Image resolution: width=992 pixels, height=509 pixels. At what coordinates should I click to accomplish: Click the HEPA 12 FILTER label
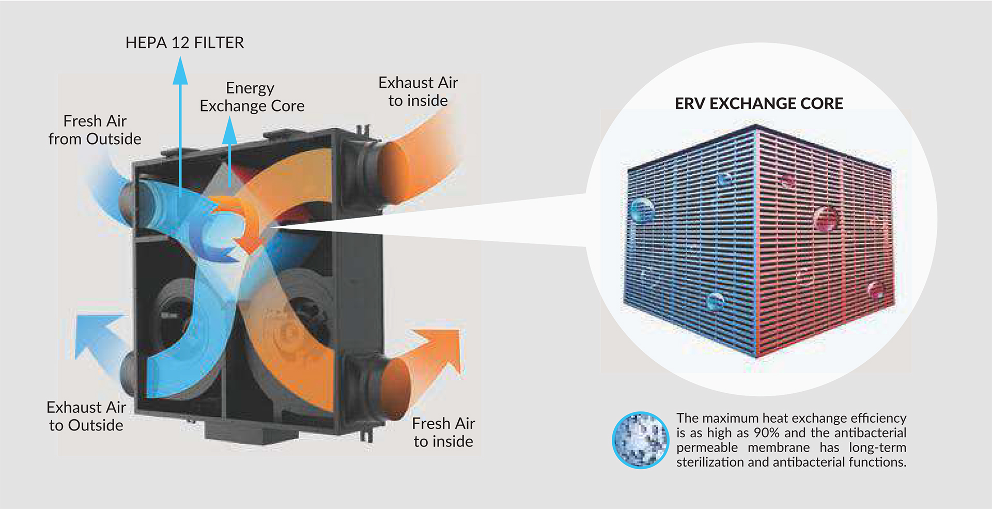[x=184, y=42]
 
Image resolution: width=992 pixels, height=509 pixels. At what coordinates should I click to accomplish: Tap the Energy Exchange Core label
[x=252, y=97]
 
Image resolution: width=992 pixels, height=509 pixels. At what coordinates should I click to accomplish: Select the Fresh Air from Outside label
[x=95, y=130]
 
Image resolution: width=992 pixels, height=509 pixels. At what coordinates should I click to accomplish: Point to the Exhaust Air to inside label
[x=418, y=91]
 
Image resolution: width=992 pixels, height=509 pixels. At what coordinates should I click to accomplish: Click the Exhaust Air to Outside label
[x=86, y=416]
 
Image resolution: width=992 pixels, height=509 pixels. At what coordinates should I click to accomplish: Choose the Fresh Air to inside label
[x=443, y=432]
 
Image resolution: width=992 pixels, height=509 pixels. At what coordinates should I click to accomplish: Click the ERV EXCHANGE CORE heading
[x=758, y=103]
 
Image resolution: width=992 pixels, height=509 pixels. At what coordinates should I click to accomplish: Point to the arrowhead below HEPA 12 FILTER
[x=180, y=72]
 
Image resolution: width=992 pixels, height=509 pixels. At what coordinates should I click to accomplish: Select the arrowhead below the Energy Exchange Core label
[x=229, y=132]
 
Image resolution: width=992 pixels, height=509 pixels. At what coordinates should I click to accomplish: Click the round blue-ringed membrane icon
[x=640, y=440]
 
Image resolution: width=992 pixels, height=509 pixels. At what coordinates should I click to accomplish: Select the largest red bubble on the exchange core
[x=825, y=219]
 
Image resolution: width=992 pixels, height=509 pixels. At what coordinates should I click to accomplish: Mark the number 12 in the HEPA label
[x=180, y=42]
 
